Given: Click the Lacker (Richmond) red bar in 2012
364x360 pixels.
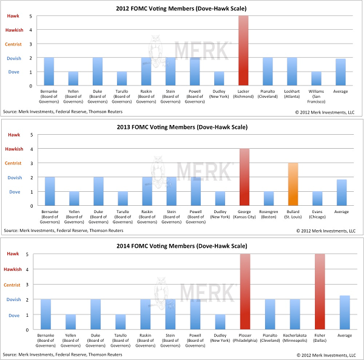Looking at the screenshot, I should (x=243, y=50).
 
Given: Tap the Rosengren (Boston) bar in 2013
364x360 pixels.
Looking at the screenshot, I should (x=268, y=199).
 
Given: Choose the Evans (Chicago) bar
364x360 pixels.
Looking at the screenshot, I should (x=318, y=199).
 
